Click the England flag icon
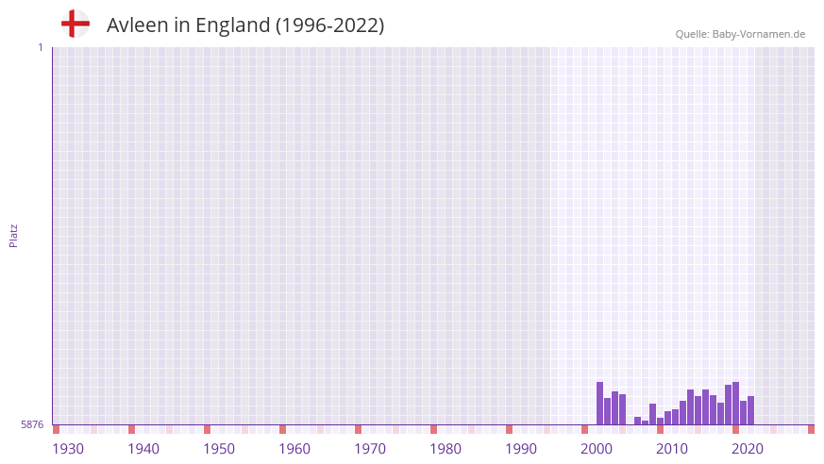click(76, 24)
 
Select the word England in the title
click(233, 25)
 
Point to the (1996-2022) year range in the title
click(329, 25)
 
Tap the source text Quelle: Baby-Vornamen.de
click(740, 34)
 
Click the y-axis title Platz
click(13, 235)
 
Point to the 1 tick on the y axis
click(40, 47)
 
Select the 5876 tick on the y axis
click(32, 424)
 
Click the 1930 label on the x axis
click(68, 449)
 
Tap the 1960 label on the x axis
click(294, 449)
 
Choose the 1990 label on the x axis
click(521, 449)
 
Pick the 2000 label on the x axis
click(597, 449)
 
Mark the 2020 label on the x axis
click(748, 449)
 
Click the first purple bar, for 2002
click(599, 404)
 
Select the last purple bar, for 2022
click(750, 410)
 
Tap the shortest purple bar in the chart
click(645, 423)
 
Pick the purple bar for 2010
click(660, 421)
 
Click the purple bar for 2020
click(735, 404)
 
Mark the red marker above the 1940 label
click(131, 429)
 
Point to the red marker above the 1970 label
click(358, 429)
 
